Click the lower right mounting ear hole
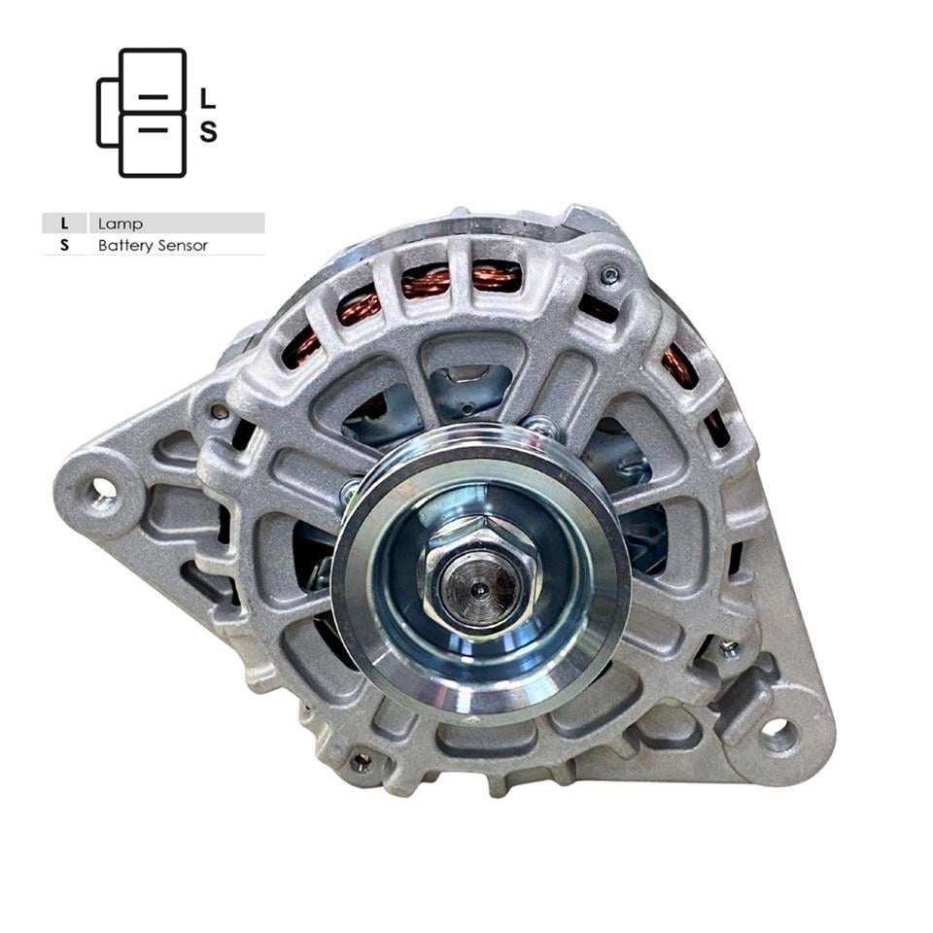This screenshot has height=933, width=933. [x=778, y=736]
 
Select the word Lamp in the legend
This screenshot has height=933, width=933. [x=121, y=224]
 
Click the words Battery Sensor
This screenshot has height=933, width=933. [x=153, y=246]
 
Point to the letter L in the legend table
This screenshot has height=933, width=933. [x=65, y=224]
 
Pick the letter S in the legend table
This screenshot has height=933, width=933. [x=65, y=246]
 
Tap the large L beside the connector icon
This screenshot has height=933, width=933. [x=207, y=98]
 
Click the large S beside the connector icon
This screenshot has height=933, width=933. [x=208, y=131]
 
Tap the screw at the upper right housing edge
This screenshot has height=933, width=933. [x=609, y=276]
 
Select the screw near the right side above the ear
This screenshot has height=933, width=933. [x=728, y=646]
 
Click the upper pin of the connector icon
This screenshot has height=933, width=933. [x=154, y=98]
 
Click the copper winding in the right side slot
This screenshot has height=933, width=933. [x=679, y=364]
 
